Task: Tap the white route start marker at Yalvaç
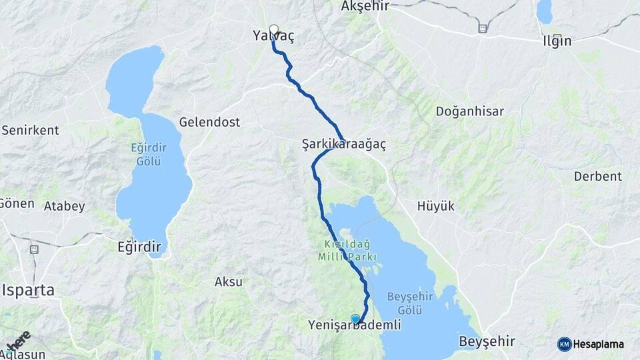273,29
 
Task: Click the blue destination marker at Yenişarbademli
355,319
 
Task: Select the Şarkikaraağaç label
344,143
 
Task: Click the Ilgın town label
557,41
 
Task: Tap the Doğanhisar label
470,111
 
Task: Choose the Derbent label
598,176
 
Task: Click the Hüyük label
436,206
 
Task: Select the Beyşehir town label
487,341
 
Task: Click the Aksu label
229,281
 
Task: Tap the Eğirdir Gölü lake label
145,154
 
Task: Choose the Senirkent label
30,130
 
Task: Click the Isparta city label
29,291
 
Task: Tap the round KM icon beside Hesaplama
564,344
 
